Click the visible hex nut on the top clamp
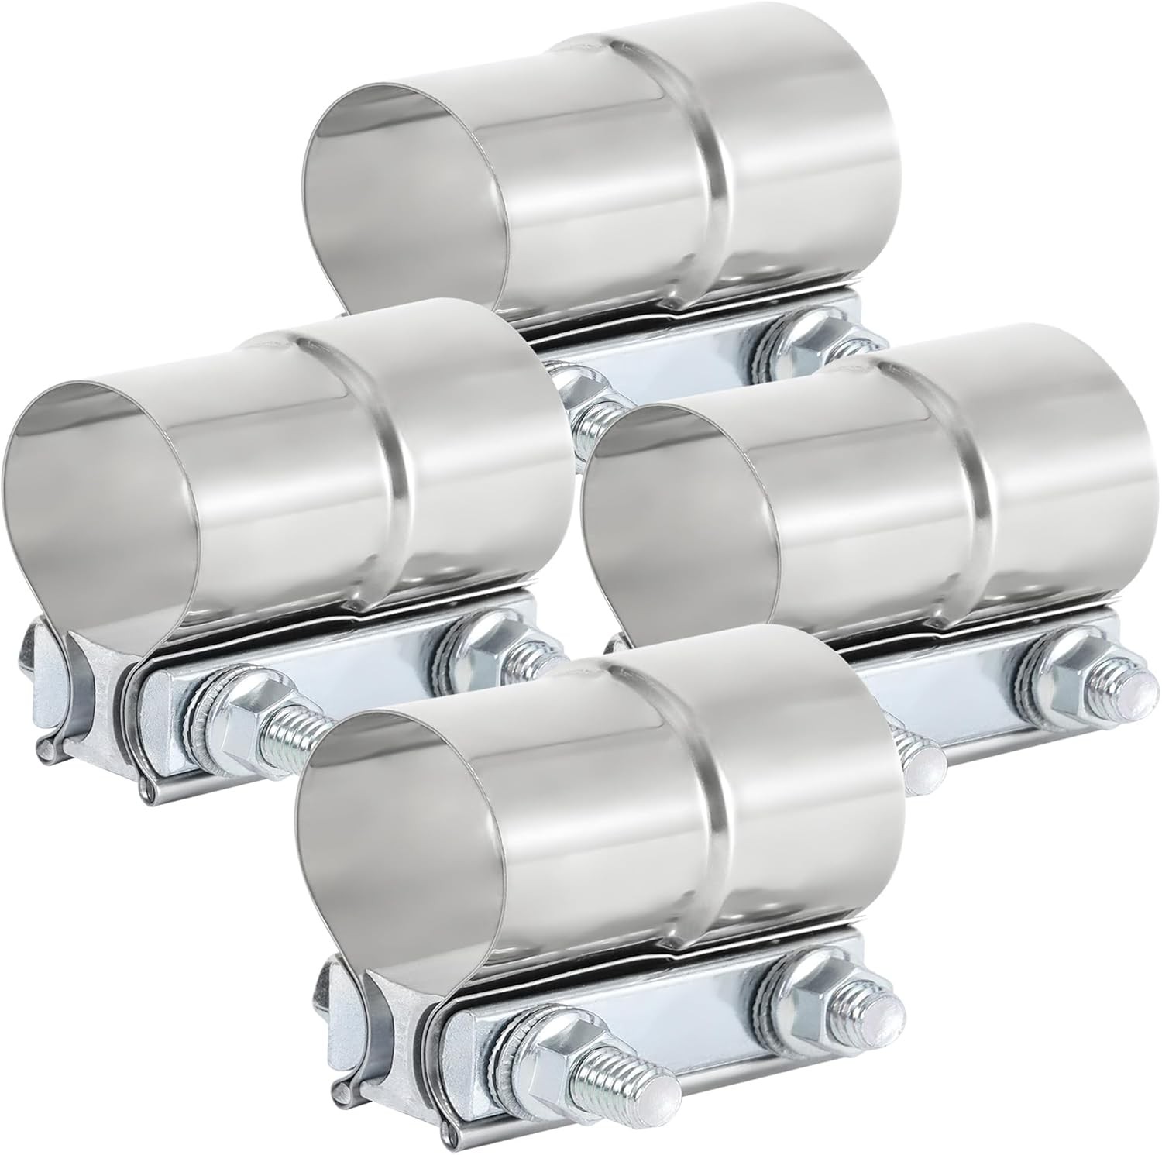pos(806,337)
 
